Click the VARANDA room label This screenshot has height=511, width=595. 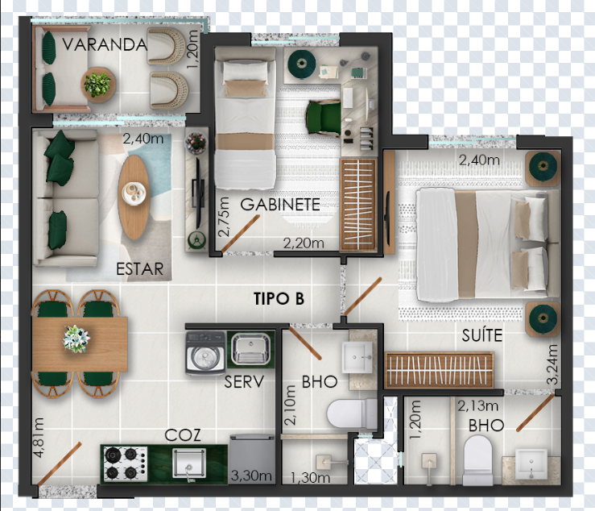pyautogui.click(x=105, y=44)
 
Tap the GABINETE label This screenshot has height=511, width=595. pyautogui.click(x=280, y=205)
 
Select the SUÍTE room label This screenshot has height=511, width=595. pyautogui.click(x=482, y=335)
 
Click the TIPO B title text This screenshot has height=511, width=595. pyautogui.click(x=279, y=299)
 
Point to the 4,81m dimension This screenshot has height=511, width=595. pyautogui.click(x=39, y=438)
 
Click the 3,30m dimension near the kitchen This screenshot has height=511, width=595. pyautogui.click(x=251, y=476)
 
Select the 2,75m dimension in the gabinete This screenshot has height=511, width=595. pyautogui.click(x=225, y=217)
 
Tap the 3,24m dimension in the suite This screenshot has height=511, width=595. pyautogui.click(x=552, y=364)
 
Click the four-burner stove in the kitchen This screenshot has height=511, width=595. pyautogui.click(x=126, y=464)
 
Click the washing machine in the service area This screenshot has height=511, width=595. pyautogui.click(x=205, y=353)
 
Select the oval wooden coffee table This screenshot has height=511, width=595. pyautogui.click(x=134, y=197)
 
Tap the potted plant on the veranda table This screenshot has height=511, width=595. pyautogui.click(x=97, y=85)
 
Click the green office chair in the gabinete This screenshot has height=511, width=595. pyautogui.click(x=323, y=118)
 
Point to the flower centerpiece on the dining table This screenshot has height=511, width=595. pyautogui.click(x=76, y=339)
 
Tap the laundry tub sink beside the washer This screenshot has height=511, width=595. pyautogui.click(x=250, y=349)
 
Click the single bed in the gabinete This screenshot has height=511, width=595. pyautogui.click(x=245, y=118)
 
